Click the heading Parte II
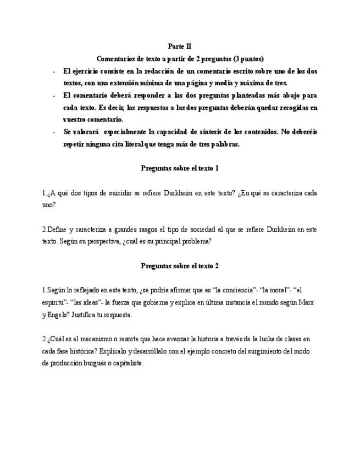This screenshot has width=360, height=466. click(x=180, y=47)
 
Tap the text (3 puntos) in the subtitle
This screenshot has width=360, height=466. click(x=248, y=59)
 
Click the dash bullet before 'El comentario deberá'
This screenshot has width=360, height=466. click(x=53, y=95)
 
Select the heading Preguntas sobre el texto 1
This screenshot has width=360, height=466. click(x=180, y=168)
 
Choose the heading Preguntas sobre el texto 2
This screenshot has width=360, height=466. click(x=180, y=266)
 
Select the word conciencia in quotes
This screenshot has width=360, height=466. click(x=238, y=290)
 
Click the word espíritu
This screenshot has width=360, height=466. click(x=53, y=302)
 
